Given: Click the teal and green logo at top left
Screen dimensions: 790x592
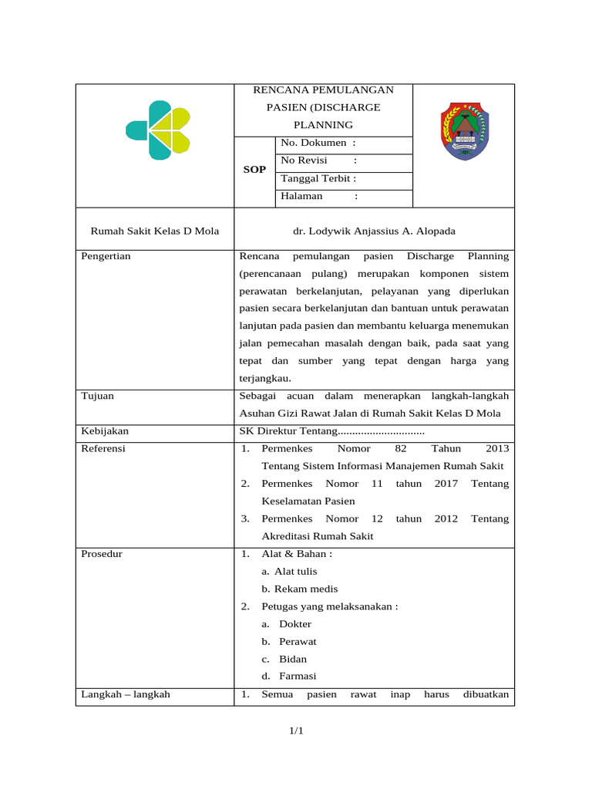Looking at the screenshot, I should [158, 130].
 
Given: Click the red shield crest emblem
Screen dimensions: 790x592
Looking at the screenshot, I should [464, 131].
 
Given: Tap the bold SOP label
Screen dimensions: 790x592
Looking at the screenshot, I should [254, 170].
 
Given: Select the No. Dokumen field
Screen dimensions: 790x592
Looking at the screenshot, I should [318, 143].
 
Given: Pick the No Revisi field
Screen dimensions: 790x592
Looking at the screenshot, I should [318, 160].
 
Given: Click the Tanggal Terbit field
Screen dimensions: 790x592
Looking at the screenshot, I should [318, 178].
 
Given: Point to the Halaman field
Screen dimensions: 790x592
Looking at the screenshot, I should [318, 197].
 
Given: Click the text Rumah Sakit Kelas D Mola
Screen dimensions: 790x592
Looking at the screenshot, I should [155, 231].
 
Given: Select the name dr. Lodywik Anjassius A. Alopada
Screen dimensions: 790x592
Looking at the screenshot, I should [373, 231].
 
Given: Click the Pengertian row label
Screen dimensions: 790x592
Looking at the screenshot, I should [106, 256].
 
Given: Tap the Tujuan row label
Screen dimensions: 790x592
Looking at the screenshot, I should [98, 396].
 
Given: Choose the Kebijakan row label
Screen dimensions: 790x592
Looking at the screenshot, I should [105, 430].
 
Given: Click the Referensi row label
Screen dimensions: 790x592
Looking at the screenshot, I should [103, 448].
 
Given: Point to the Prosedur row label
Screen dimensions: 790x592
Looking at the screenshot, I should [102, 554].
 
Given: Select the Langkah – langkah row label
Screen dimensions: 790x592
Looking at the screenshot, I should [126, 694].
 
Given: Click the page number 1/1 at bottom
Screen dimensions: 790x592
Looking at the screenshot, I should [296, 731].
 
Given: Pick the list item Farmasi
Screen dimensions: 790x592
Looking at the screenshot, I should [298, 677].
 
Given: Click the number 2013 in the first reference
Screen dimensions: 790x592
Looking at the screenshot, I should [497, 448].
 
